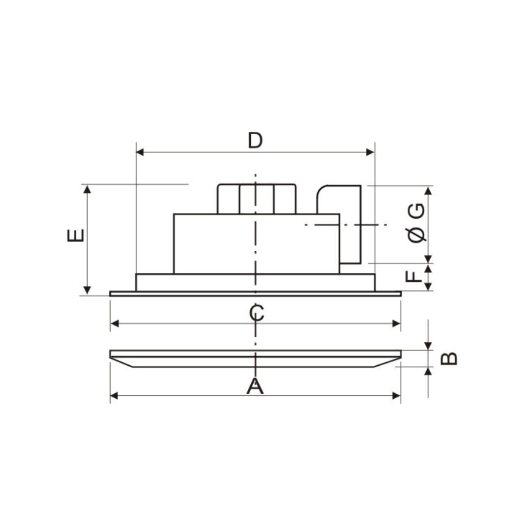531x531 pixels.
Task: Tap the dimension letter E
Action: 76,235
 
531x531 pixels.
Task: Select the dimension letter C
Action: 256,313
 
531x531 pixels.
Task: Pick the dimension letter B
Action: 449,358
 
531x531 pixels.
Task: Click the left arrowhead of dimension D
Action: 140,152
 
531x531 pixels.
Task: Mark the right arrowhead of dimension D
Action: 371,152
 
